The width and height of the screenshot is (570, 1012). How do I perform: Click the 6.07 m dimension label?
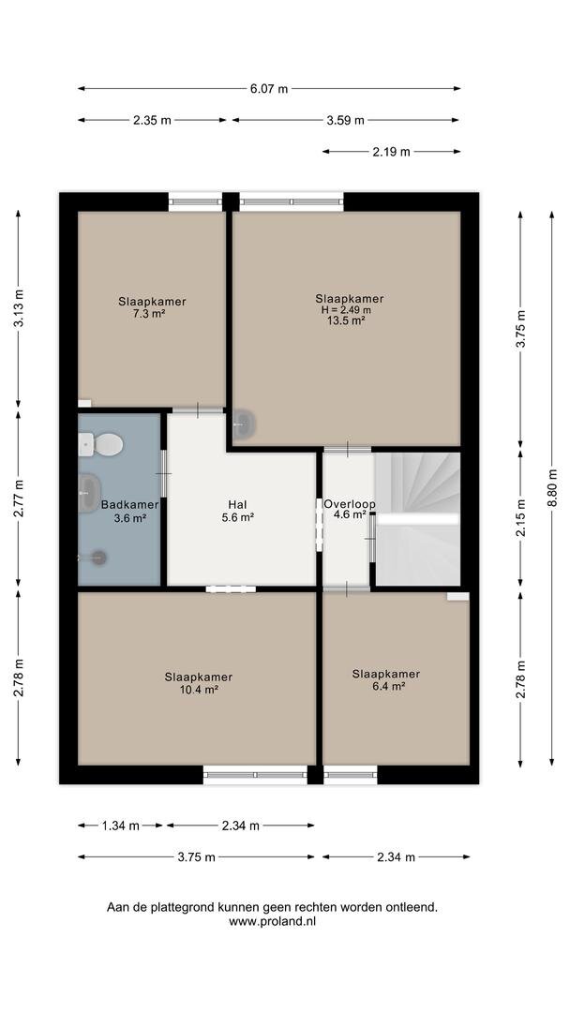pyautogui.click(x=269, y=89)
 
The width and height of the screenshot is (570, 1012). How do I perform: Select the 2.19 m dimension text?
pyautogui.click(x=391, y=152)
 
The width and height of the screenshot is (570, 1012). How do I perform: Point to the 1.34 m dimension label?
pyautogui.click(x=121, y=826)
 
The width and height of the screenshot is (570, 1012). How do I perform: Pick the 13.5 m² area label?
pyautogui.click(x=347, y=320)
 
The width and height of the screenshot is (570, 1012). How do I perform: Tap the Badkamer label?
pyautogui.click(x=129, y=505)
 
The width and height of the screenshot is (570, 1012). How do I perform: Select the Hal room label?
pyautogui.click(x=237, y=505)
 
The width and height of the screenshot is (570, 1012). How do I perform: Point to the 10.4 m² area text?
pyautogui.click(x=199, y=690)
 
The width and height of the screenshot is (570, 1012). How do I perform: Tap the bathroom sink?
pyautogui.click(x=89, y=493)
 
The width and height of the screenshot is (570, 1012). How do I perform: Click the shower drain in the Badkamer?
pyautogui.click(x=98, y=558)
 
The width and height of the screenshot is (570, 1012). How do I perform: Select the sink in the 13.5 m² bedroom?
pyautogui.click(x=244, y=424)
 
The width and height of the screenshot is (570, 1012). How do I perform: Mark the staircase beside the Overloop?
pyautogui.click(x=417, y=519)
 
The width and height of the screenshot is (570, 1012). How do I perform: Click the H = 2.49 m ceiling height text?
pyautogui.click(x=347, y=310)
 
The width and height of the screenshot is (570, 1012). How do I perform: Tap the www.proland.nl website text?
pyautogui.click(x=273, y=922)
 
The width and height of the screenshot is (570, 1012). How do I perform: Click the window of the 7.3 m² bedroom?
pyautogui.click(x=195, y=201)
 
